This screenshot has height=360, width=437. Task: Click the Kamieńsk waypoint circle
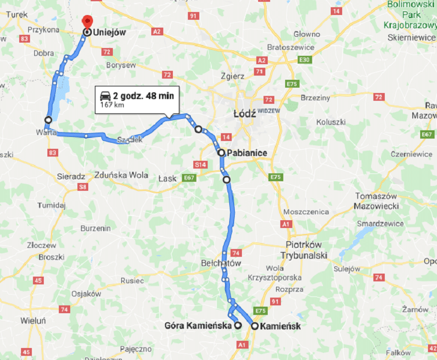tap(255, 326)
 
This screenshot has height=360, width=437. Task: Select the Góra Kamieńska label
tap(197, 326)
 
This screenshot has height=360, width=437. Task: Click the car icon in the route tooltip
tap(105, 96)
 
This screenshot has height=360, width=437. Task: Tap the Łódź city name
tap(245, 113)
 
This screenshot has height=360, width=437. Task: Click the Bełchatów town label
tap(221, 263)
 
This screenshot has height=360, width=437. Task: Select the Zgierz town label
tap(232, 76)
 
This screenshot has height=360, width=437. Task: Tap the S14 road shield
tap(200, 164)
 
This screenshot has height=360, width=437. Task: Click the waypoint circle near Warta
tap(48, 119)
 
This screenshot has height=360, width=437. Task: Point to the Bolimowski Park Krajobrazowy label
tap(411, 15)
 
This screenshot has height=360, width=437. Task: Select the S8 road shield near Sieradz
tap(82, 187)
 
